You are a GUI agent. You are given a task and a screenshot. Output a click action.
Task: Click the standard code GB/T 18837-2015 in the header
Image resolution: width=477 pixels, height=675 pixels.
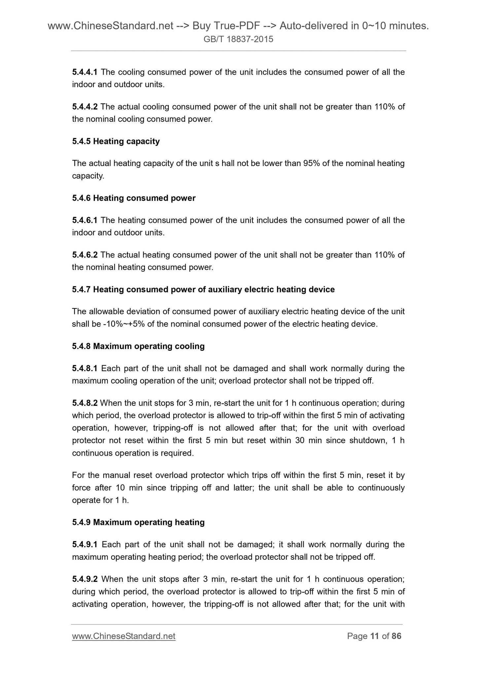238,40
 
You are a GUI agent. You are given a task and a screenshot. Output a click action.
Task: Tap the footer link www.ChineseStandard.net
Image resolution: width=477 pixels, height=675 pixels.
123,636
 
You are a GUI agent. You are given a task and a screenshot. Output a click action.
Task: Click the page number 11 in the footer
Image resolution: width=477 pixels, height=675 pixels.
374,636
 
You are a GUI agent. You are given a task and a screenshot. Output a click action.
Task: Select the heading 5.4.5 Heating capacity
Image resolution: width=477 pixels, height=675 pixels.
116,141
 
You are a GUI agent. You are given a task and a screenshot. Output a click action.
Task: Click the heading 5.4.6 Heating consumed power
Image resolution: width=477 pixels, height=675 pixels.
134,198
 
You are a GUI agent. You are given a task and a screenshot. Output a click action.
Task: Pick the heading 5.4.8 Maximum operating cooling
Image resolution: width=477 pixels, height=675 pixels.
138,346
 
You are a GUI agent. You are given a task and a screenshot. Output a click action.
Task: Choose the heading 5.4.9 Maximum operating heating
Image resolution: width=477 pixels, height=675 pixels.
138,522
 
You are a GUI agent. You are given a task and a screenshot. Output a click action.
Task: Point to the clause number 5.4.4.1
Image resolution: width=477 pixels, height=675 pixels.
85,72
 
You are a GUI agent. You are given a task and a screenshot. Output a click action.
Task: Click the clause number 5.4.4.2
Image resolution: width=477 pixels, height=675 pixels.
85,107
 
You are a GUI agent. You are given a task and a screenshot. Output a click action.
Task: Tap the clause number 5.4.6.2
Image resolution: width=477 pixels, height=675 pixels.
85,255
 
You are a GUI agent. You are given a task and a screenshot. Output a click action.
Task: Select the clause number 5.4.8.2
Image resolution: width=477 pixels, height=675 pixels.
85,403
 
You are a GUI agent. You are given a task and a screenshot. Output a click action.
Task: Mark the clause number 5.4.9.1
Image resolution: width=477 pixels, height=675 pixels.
85,544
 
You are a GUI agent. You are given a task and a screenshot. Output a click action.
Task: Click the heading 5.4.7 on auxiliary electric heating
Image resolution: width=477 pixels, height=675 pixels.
203,290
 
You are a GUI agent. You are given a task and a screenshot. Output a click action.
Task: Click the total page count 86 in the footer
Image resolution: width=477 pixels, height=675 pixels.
396,636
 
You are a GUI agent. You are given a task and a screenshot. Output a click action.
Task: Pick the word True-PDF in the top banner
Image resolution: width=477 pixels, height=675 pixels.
217,26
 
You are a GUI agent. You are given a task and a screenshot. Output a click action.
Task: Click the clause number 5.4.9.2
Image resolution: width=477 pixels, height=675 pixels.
85,579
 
